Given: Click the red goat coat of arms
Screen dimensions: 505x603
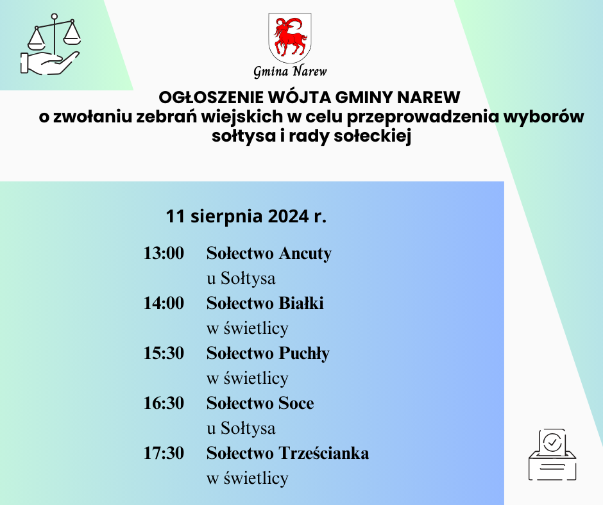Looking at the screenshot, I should pos(289,37).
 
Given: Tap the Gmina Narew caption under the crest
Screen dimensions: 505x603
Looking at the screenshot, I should pos(290,71).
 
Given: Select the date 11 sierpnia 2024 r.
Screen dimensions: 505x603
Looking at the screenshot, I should pos(246,216).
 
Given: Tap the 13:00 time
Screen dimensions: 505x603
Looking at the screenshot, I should pos(164,253).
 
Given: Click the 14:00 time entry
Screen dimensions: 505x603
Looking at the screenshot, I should pos(164,303).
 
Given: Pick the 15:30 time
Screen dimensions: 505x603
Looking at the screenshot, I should pos(164,353).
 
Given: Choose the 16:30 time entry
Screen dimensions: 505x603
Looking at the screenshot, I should pos(164,403).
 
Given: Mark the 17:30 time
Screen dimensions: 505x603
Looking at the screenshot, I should pos(164,453).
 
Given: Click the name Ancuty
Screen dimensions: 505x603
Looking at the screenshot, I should pos(305,254).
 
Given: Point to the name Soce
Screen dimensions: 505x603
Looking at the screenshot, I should pos(296,403).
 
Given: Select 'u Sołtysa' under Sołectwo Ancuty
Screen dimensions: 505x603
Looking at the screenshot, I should pos(241,279).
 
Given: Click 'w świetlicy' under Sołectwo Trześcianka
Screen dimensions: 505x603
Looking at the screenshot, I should pos(247,478).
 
